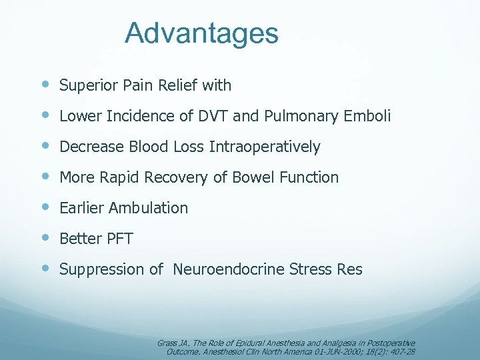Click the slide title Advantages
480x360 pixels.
(x=201, y=33)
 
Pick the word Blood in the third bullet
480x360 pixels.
(x=143, y=147)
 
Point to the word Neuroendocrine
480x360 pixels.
(x=229, y=269)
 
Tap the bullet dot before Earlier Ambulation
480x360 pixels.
(x=45, y=207)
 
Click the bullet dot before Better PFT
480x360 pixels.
(x=45, y=238)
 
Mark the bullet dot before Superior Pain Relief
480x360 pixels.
(x=45, y=85)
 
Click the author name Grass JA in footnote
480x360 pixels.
(x=168, y=343)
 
